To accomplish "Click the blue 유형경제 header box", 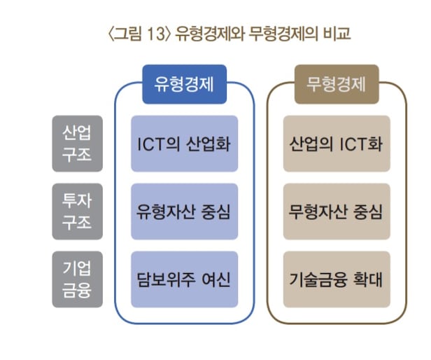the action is point(185,84).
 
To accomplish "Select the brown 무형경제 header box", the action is point(337,84).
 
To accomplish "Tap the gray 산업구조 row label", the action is point(77,144).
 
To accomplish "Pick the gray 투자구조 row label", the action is point(77,212).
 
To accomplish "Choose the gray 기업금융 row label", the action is point(77,279).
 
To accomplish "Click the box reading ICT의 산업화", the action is point(185,144).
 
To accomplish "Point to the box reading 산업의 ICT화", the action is point(337,144).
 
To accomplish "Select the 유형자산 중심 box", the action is point(185,212).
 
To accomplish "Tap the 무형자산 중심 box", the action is point(337,212).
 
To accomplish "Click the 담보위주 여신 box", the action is point(185,279).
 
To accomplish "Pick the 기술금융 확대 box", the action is point(337,279).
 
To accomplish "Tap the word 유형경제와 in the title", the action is point(210,34).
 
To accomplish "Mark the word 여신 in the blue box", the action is point(216,279).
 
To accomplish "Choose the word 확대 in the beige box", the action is point(368,279).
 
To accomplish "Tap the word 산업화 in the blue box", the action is point(208,144).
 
